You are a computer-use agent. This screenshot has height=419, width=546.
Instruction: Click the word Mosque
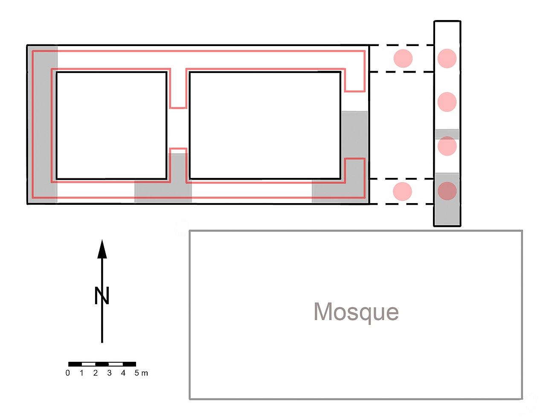pos(356,312)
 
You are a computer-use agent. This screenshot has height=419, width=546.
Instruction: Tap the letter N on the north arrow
pos(102,295)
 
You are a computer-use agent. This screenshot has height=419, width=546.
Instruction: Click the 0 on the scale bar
pos(68,373)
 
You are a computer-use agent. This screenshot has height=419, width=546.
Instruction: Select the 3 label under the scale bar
pos(109,373)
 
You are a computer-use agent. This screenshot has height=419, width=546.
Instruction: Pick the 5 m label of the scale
pos(141,373)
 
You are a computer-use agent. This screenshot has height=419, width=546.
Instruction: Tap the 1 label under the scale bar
pos(81,373)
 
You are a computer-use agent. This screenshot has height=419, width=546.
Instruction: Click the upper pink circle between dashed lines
pos(403,58)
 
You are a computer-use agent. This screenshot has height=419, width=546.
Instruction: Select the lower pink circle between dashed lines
pos(403,192)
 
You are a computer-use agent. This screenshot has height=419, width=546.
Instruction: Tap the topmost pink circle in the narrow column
pos(447,58)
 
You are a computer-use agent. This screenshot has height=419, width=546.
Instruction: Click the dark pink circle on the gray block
pos(447,191)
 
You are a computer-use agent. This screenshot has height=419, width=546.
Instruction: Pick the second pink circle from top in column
pos(447,102)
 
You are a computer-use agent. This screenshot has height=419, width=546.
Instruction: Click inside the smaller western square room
pos(111,125)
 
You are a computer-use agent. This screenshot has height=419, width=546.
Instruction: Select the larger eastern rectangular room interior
pos(265,125)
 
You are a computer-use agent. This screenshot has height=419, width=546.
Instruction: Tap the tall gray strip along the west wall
pos(43,124)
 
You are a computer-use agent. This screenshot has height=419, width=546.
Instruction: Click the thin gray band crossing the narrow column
pos(447,134)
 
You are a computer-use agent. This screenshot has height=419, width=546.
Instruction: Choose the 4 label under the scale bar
pos(123,373)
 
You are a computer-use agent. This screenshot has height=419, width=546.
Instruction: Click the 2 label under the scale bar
pos(96,373)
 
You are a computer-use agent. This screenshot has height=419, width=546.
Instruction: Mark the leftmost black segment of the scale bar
pos(75,364)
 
